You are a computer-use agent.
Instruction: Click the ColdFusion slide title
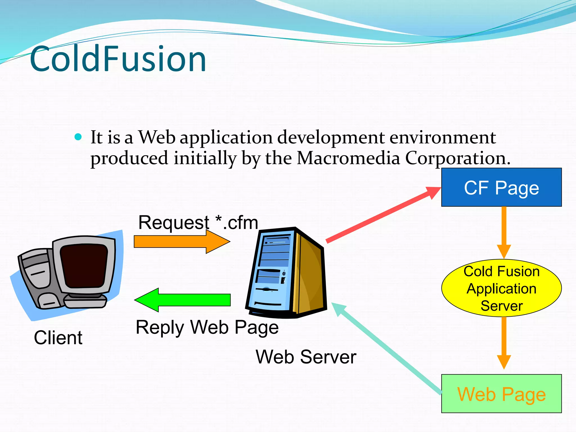pos(118,59)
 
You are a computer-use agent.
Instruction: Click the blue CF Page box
pos(501,187)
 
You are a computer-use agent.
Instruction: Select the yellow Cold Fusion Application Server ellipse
pos(501,288)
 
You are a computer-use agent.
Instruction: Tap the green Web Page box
pos(501,394)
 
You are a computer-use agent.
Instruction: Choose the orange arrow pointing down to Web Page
pos(504,343)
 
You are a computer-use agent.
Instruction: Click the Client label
pos(58,337)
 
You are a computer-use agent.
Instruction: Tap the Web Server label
pos(306,357)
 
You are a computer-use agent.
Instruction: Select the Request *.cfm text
pos(198,223)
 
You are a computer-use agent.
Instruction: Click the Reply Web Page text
pos(207,327)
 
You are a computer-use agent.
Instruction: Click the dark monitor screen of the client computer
pos(84,266)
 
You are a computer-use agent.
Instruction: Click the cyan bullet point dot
pos(78,137)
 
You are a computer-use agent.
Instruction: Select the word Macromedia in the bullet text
pos(348,158)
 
